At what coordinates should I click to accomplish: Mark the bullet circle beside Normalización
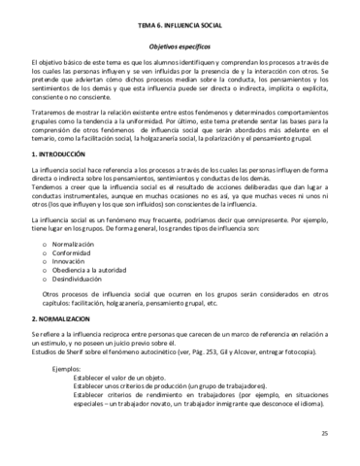tap(45, 244)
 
